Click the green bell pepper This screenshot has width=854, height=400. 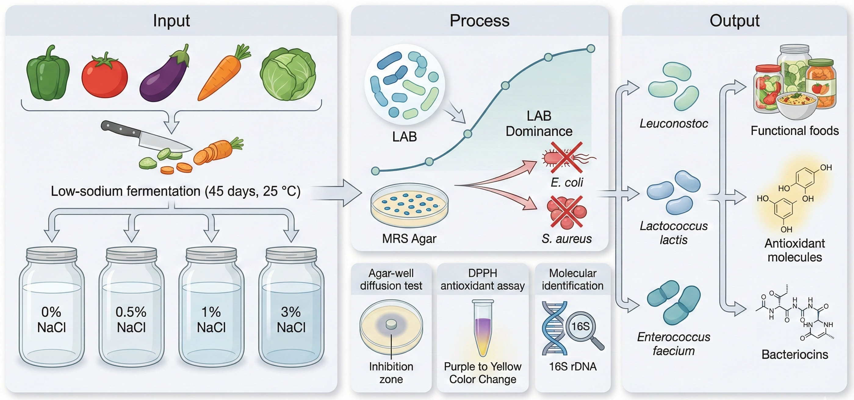[x=48, y=75]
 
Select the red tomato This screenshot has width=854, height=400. [x=104, y=76]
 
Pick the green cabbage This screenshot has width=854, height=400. [x=288, y=75]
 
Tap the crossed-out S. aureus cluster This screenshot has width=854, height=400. [x=566, y=212]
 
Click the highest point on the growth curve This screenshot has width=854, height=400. [x=591, y=49]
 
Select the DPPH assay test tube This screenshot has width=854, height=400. [x=483, y=328]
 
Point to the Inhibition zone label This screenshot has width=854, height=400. [x=391, y=373]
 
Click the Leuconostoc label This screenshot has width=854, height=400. [x=674, y=123]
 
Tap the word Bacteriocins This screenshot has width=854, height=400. [x=795, y=355]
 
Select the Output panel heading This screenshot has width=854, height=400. [x=734, y=20]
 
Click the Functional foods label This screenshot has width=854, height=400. [x=795, y=131]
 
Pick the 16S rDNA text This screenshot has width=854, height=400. [x=573, y=366]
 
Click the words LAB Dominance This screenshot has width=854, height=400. [x=539, y=123]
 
